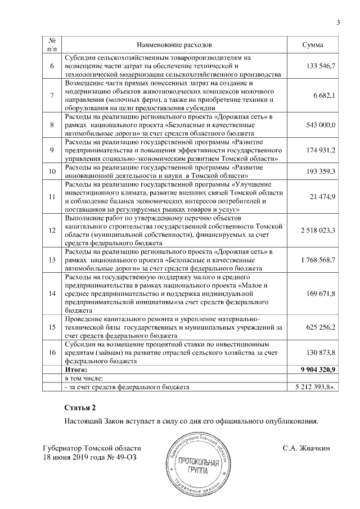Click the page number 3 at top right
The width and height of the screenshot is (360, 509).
338,22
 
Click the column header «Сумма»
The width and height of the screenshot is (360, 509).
312,44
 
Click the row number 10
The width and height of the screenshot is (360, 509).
52,170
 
